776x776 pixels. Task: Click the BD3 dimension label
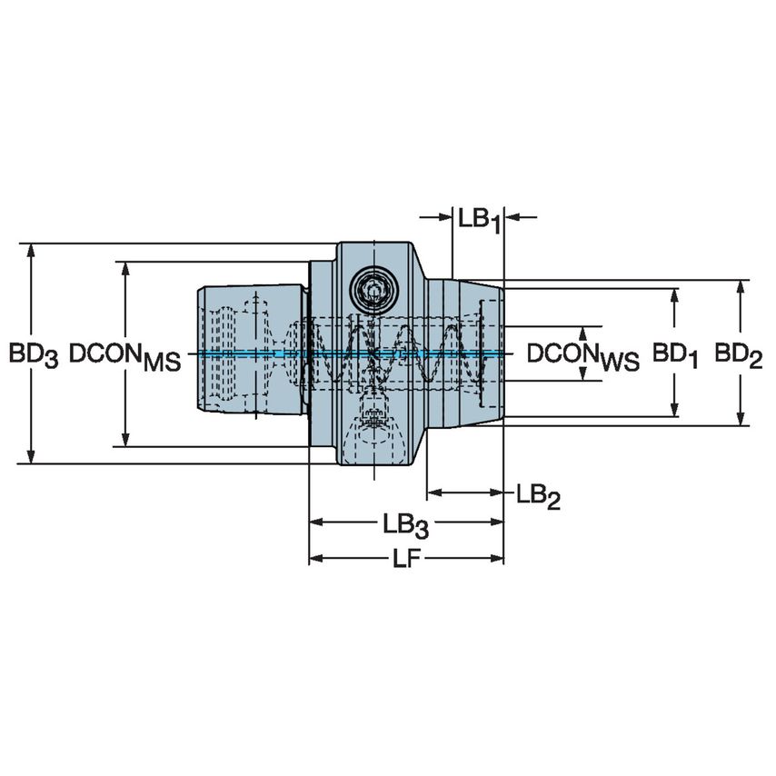click(x=34, y=355)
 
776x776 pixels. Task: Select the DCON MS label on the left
click(x=125, y=355)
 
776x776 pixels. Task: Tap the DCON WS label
click(x=583, y=355)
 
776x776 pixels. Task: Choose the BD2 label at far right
click(x=738, y=355)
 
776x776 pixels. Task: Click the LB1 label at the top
click(x=479, y=219)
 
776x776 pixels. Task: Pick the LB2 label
click(x=537, y=495)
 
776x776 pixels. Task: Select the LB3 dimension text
click(x=405, y=525)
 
